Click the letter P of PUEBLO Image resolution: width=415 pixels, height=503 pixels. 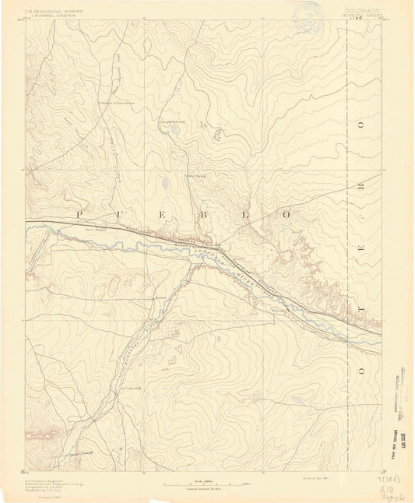(x=78, y=212)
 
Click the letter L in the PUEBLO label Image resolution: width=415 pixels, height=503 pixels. (x=253, y=212)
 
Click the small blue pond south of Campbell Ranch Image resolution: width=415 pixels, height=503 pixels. (x=165, y=185)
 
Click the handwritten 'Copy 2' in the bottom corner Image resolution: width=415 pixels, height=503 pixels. (x=392, y=494)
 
